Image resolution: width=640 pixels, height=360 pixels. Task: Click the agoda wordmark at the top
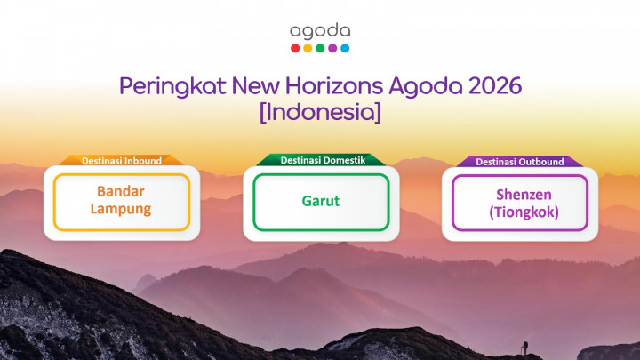click(x=320, y=31)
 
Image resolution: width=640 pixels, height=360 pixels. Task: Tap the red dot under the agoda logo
click(x=295, y=48)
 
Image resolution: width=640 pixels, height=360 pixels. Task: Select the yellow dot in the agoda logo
click(x=308, y=48)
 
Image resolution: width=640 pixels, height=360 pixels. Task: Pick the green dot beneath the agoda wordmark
click(x=320, y=48)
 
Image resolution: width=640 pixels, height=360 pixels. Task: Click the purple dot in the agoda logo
click(x=332, y=48)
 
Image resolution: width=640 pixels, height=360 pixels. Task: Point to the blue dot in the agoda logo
click(x=345, y=48)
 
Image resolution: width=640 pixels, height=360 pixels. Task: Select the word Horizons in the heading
click(x=335, y=88)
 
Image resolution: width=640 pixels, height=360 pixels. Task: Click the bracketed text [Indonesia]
click(x=320, y=114)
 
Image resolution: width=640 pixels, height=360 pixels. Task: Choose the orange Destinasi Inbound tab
click(x=122, y=161)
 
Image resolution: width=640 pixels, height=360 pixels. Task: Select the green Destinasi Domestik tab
click(x=320, y=160)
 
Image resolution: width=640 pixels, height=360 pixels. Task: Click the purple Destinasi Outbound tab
click(x=519, y=161)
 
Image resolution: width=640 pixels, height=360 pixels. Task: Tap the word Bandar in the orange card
click(x=121, y=192)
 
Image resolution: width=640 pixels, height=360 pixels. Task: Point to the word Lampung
click(x=121, y=210)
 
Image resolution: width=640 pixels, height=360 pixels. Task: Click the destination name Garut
click(x=320, y=201)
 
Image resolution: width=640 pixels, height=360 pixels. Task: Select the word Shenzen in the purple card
click(x=519, y=194)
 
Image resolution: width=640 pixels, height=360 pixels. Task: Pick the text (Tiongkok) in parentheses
click(x=519, y=212)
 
